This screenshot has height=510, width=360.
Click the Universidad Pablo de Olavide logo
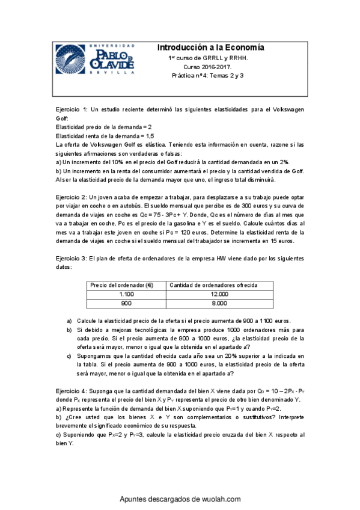[95, 58]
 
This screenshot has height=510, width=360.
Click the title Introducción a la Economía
[210, 48]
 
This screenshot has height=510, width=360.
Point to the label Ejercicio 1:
[72, 110]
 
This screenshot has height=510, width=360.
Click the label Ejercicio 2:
[72, 197]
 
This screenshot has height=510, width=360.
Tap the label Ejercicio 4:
[72, 390]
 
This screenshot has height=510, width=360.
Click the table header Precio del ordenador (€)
[120, 285]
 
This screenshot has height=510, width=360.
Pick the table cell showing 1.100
[126, 294]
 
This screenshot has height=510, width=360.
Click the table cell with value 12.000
[220, 294]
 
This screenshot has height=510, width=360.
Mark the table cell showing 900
[126, 303]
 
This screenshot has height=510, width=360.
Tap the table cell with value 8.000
[220, 303]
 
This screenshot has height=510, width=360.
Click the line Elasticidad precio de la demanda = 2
[103, 127]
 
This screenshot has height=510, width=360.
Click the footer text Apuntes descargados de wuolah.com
[180, 499]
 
